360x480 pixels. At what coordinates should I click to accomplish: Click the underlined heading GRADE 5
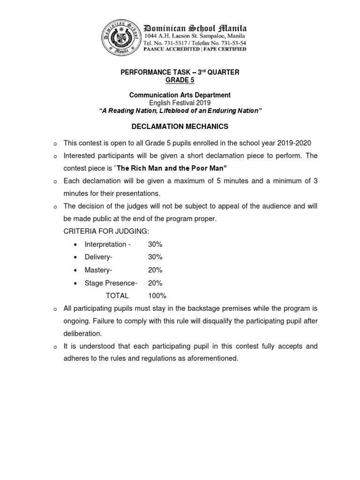(x=180, y=80)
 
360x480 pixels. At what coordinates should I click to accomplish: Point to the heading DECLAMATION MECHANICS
(x=180, y=126)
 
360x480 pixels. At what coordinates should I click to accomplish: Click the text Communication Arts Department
(x=180, y=95)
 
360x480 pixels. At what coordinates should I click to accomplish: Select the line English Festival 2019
(x=180, y=103)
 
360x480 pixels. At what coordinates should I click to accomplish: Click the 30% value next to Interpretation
(x=155, y=244)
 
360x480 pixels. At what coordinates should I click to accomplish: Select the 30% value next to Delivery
(x=155, y=257)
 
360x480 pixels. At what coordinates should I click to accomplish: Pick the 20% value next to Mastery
(x=155, y=270)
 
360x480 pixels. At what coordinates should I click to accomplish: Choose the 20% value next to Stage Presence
(x=155, y=283)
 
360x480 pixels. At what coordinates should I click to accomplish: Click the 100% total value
(x=157, y=296)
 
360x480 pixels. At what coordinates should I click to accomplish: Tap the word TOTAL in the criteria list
(x=117, y=296)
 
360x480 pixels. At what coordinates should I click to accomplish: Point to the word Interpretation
(x=105, y=244)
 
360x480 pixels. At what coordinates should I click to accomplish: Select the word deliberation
(x=82, y=334)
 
